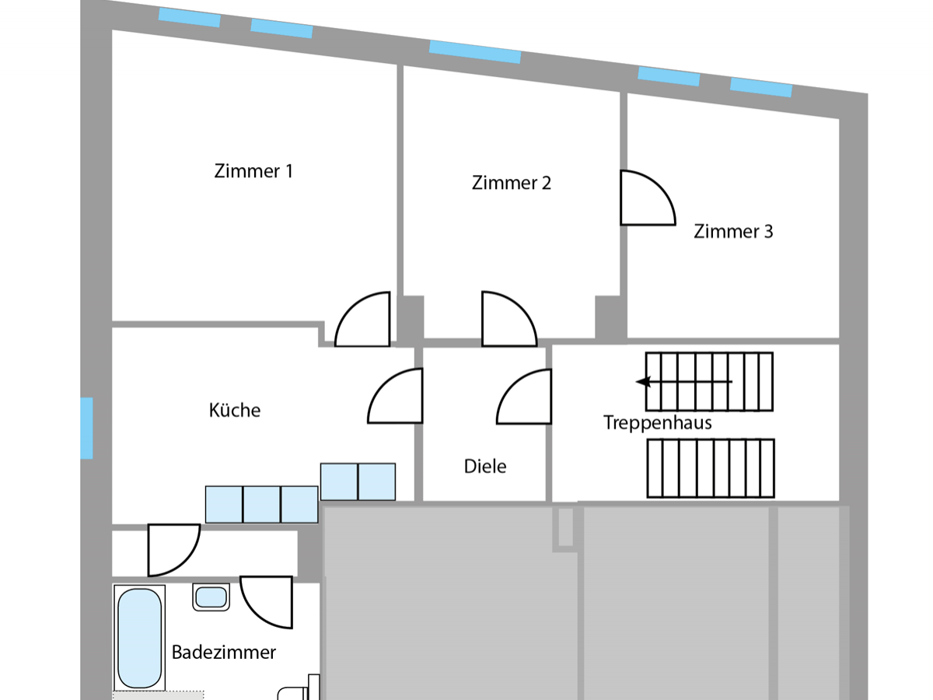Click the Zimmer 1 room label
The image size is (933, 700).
253,171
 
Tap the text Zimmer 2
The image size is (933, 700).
511,183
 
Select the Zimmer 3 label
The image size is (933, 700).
733,231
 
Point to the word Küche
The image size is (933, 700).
235,410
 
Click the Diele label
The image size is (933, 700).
485,466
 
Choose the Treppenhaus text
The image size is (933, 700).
658,423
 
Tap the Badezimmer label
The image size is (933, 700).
224,652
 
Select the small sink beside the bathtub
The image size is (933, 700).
211,597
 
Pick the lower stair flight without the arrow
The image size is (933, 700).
711,468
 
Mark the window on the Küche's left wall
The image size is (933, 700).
86,428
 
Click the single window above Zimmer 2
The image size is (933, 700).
474,52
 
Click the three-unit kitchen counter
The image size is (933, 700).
261,504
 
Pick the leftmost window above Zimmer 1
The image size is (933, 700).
189,17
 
